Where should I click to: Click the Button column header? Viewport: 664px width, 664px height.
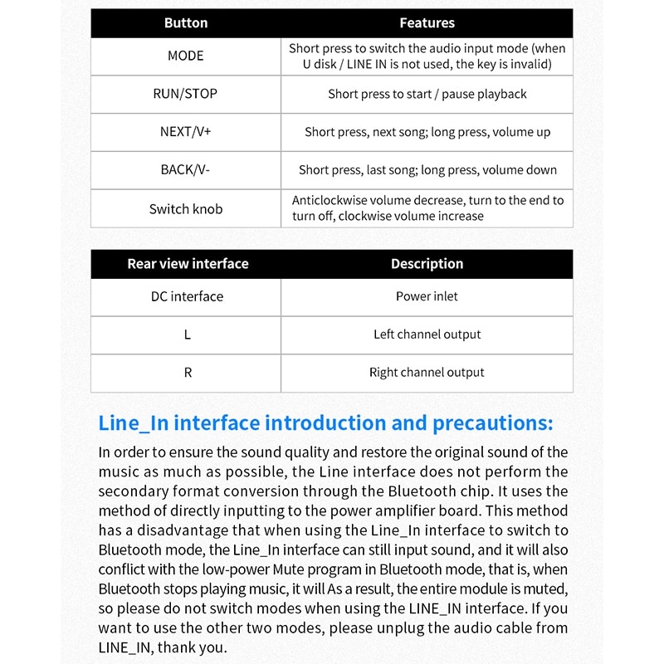(x=186, y=23)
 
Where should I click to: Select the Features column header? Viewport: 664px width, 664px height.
(x=427, y=23)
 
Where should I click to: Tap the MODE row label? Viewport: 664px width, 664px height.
(x=186, y=56)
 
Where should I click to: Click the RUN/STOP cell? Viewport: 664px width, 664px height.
(x=186, y=94)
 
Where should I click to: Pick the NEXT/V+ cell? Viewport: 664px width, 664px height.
(x=186, y=132)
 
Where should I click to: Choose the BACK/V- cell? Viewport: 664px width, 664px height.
(x=186, y=170)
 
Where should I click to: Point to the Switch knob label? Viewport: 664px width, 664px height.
(x=186, y=209)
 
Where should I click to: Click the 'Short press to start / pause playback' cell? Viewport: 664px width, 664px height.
(x=427, y=94)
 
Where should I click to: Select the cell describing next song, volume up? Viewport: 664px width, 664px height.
(x=427, y=132)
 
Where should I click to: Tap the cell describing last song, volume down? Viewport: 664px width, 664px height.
(x=427, y=170)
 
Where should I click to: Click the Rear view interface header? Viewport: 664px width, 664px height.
(x=188, y=264)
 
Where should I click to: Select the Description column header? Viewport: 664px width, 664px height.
(x=427, y=264)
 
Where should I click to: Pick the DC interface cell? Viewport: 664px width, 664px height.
(x=187, y=296)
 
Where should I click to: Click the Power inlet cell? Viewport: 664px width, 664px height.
(x=427, y=296)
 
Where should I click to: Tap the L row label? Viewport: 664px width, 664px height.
(x=188, y=334)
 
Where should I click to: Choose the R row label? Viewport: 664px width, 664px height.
(x=188, y=373)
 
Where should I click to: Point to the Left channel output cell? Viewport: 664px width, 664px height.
(x=427, y=334)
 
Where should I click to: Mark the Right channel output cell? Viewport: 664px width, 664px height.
(x=427, y=373)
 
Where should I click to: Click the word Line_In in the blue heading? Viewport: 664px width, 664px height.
(x=134, y=423)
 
